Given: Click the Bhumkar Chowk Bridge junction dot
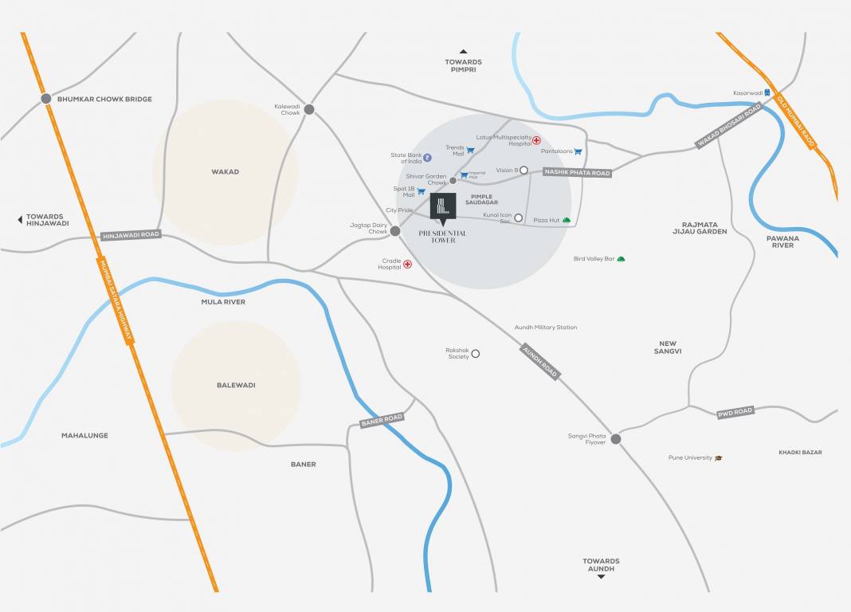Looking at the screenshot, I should [46, 99].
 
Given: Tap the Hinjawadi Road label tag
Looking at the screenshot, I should [131, 235].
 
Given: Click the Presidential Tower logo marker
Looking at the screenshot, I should [443, 206].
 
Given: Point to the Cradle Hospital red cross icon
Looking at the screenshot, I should [408, 264].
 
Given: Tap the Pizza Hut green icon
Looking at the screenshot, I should [567, 220].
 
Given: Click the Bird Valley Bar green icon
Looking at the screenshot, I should [622, 258].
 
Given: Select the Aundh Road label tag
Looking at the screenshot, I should [540, 361].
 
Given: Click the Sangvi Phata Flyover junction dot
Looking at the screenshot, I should [616, 438].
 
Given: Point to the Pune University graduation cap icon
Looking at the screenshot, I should [719, 458].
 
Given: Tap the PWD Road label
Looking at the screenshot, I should [735, 412].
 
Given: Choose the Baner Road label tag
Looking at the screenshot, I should [382, 419].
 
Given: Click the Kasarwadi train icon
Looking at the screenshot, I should [767, 93].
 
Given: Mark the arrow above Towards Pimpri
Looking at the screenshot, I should [464, 52].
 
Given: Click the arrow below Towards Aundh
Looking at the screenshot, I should [601, 575].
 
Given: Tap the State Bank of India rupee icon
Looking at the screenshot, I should [428, 157].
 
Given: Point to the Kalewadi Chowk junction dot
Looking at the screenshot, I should [309, 109].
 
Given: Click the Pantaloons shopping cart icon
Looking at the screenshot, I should [578, 151].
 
